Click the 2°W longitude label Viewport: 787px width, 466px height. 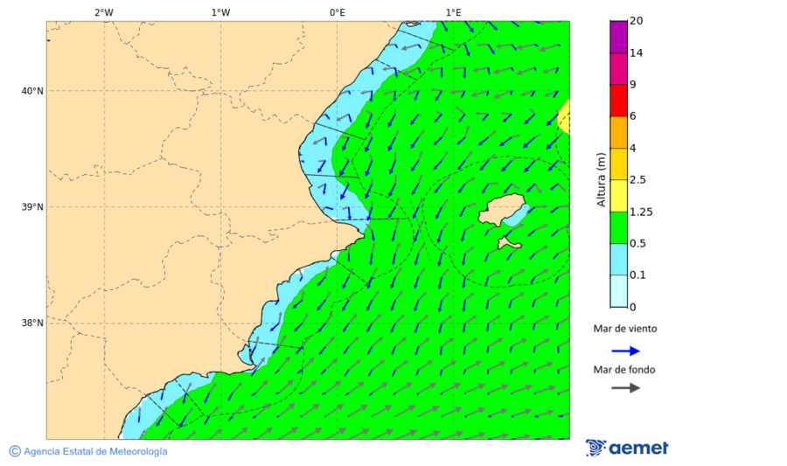tap(103, 12)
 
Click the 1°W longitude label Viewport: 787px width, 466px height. tap(220, 12)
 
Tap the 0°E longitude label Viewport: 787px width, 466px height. tap(337, 12)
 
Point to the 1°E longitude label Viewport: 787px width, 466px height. tap(453, 12)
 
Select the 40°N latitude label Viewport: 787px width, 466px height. tap(32, 91)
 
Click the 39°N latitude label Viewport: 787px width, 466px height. tap(32, 207)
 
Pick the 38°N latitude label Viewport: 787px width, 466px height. tap(32, 323)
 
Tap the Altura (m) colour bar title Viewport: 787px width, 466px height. tap(601, 179)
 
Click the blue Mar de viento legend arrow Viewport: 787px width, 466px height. tap(625, 351)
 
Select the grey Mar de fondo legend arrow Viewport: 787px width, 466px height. tap(625, 387)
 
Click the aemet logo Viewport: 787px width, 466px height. tap(627, 448)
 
